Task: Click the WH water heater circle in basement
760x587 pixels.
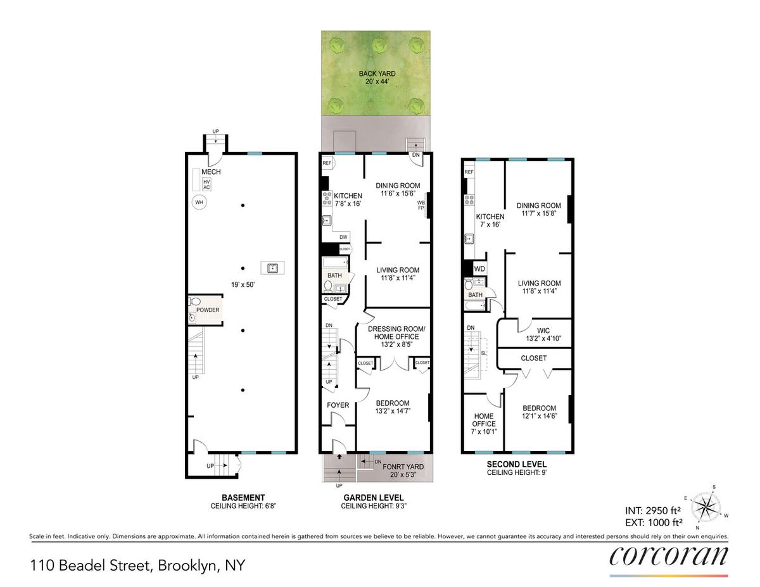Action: click(199, 202)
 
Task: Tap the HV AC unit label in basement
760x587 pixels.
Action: click(206, 184)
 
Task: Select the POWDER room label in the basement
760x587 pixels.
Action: click(208, 310)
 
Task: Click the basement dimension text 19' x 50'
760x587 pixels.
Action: click(243, 284)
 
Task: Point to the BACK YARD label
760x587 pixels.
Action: click(377, 73)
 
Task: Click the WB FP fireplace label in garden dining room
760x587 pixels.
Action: click(421, 205)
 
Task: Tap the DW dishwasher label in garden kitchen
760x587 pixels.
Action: click(343, 237)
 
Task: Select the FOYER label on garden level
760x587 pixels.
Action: click(338, 405)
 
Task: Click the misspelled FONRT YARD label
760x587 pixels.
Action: click(403, 467)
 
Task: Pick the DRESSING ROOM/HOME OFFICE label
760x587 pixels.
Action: click(396, 333)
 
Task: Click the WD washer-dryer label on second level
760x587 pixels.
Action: click(479, 269)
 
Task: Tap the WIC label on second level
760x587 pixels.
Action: click(543, 331)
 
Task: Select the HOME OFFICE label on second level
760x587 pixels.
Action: click(484, 420)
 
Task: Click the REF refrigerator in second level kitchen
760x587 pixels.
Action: click(469, 172)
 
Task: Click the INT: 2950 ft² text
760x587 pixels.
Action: click(653, 511)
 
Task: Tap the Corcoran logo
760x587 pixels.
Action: click(669, 556)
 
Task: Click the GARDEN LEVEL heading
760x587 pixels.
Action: click(374, 498)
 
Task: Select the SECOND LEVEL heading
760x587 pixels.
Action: click(517, 464)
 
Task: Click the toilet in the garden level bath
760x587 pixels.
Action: click(328, 287)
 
